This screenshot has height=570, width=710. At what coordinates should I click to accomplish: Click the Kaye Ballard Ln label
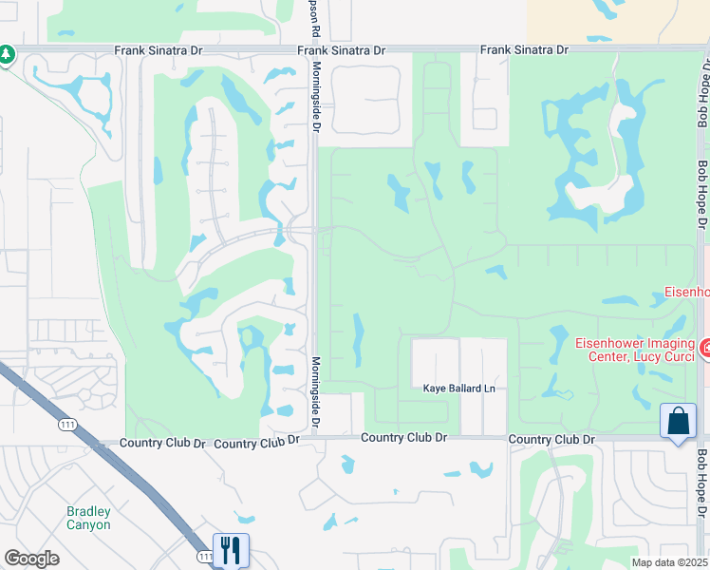[x=459, y=389]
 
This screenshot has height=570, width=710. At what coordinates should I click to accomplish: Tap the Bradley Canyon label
[x=88, y=518]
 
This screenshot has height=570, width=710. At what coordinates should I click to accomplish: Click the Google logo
[x=30, y=559]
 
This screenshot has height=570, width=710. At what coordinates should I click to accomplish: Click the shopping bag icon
[x=679, y=422]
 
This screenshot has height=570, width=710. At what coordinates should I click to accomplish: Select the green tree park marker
[x=7, y=55]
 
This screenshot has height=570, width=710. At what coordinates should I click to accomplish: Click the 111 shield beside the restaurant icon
[x=205, y=555]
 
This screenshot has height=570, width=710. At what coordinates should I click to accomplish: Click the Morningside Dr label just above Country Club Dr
[x=316, y=391]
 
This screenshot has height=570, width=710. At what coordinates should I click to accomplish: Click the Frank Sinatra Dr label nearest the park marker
[x=159, y=49]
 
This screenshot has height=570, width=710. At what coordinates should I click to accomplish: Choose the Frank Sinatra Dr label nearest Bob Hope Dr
[x=524, y=49]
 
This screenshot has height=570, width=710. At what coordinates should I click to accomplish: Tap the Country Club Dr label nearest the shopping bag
[x=551, y=440]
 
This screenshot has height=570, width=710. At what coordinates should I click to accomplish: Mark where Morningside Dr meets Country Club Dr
[x=314, y=438]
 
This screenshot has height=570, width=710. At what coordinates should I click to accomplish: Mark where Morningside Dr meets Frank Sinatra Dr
[x=314, y=49]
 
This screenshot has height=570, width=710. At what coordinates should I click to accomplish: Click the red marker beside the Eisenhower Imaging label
[x=704, y=349]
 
